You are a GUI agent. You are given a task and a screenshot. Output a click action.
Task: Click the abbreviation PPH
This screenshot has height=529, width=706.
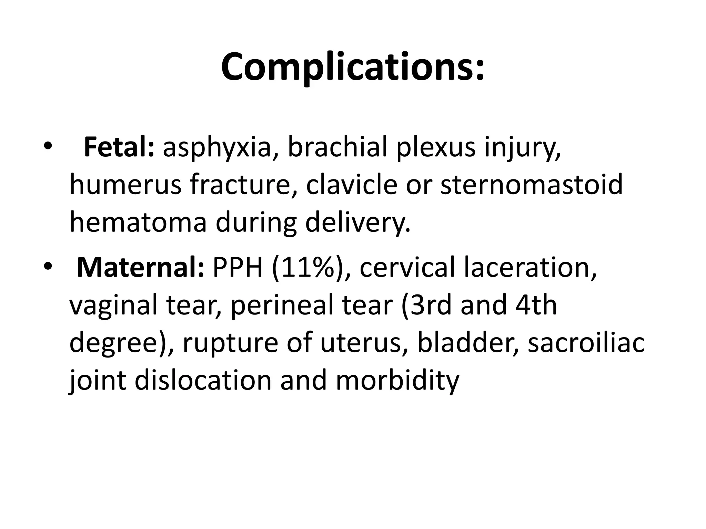pos(238,268)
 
